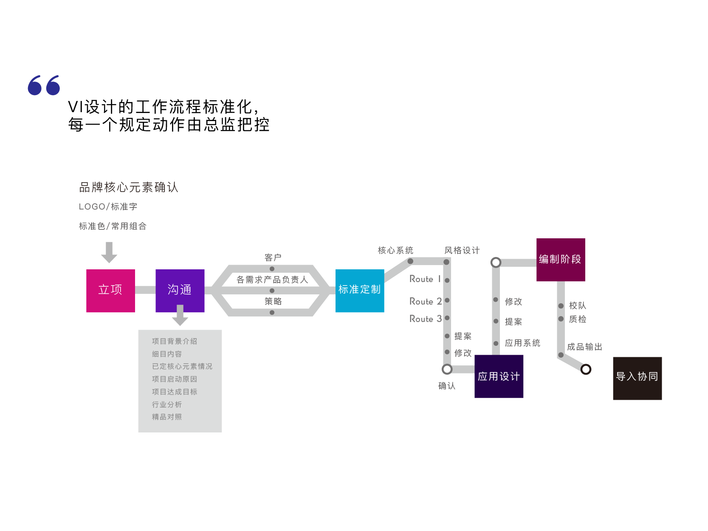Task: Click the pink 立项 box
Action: pos(110,291)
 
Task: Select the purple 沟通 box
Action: pos(180,291)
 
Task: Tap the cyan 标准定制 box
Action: pos(360,291)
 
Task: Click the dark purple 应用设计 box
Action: pos(499,376)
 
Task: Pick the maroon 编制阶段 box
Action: pos(561,260)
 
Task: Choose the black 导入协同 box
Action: pos(637,378)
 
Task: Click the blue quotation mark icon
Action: pos(44,85)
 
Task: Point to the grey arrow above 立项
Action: pos(109,252)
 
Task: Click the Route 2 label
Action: pos(425,301)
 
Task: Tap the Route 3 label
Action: pos(425,319)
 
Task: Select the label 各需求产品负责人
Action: pos(272,280)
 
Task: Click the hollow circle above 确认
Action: pos(447,369)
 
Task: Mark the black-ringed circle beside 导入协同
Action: pos(586,369)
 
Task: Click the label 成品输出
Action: pos(584,347)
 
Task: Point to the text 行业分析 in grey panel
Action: pos(167,404)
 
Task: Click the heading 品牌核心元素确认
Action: pos(129,187)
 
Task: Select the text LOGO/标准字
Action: pos(108,206)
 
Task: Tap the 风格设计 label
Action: pos(462,250)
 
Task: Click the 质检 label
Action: pos(578,319)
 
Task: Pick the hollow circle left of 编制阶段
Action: pos(496,263)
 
